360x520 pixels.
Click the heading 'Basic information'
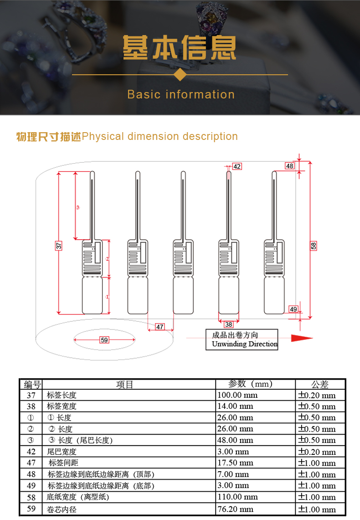[x=181, y=94]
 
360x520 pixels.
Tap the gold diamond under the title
[x=181, y=74]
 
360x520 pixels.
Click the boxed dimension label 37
[x=59, y=246]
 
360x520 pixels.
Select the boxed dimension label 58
[x=314, y=246]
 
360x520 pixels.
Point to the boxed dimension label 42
[x=237, y=166]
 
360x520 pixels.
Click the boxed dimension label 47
[x=159, y=327]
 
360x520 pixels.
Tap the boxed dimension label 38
[x=229, y=324]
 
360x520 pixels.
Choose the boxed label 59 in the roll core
[x=104, y=340]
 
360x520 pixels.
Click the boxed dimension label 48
[x=290, y=166]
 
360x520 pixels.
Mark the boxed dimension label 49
[x=293, y=309]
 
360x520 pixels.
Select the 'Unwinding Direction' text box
[x=242, y=340]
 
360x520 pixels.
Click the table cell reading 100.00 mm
[x=237, y=395]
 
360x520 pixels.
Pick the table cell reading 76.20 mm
[x=236, y=509]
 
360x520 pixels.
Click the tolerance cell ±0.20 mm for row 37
[x=317, y=395]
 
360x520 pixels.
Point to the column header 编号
[x=31, y=384]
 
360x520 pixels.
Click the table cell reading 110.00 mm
[x=237, y=497]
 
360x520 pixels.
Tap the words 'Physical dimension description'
[x=160, y=136]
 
